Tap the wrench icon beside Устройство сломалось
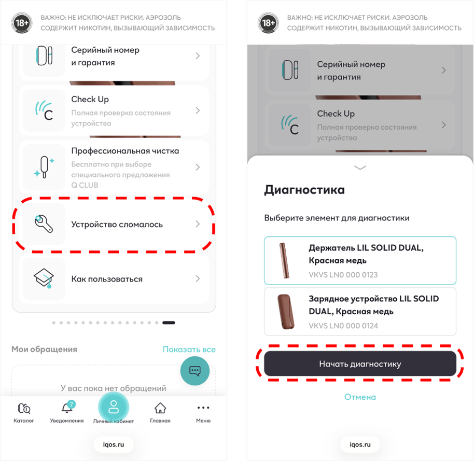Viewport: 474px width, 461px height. coord(44,223)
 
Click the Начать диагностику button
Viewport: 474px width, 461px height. coord(360,364)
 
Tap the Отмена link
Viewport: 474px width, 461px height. coord(360,397)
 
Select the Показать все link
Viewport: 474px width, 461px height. coord(189,350)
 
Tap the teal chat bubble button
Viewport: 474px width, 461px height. coord(194,371)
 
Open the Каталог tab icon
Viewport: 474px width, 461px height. coord(23,409)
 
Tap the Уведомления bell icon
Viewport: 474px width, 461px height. coord(67,407)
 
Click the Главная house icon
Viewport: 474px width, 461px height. coord(160,408)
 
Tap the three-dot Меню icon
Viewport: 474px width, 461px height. coord(203,408)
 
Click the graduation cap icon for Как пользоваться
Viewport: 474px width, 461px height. coord(44,278)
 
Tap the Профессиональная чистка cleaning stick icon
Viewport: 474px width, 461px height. coord(44,167)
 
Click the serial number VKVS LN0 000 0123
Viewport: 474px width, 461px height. coord(343,275)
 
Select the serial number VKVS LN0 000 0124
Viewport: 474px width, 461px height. coord(343,326)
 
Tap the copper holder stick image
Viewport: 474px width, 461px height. coord(284,261)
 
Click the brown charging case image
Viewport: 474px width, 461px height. coord(286,312)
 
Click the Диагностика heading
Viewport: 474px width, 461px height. coord(304,190)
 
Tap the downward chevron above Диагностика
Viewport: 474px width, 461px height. coord(360,167)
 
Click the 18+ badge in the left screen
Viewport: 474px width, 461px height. coord(22,23)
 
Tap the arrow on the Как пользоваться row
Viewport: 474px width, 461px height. coord(198,278)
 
